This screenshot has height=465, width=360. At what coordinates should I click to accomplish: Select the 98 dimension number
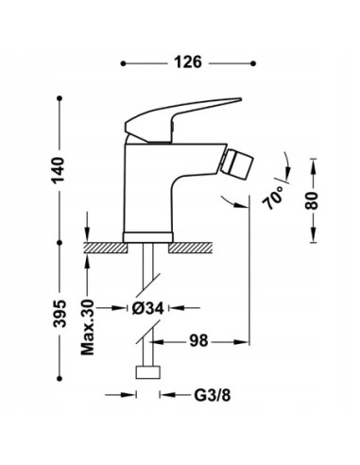pos(198,338)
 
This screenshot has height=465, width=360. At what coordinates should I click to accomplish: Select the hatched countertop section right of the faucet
pos(197,246)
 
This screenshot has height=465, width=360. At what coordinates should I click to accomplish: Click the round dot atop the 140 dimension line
pos(62,96)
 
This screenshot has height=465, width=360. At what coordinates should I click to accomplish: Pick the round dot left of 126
pos(125,63)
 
